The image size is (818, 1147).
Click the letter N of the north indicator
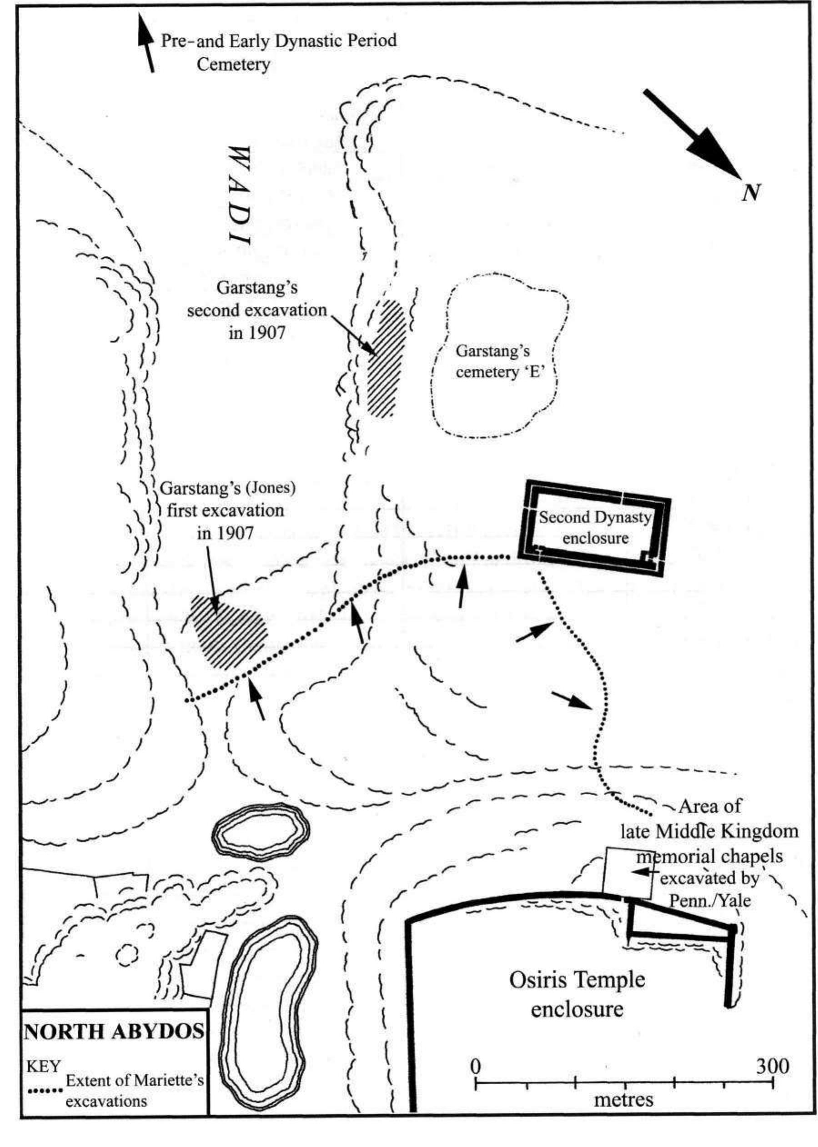(x=751, y=193)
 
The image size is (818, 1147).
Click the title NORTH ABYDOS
(x=114, y=1032)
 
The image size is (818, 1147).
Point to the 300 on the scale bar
(x=773, y=1067)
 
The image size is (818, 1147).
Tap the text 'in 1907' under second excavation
(x=257, y=332)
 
